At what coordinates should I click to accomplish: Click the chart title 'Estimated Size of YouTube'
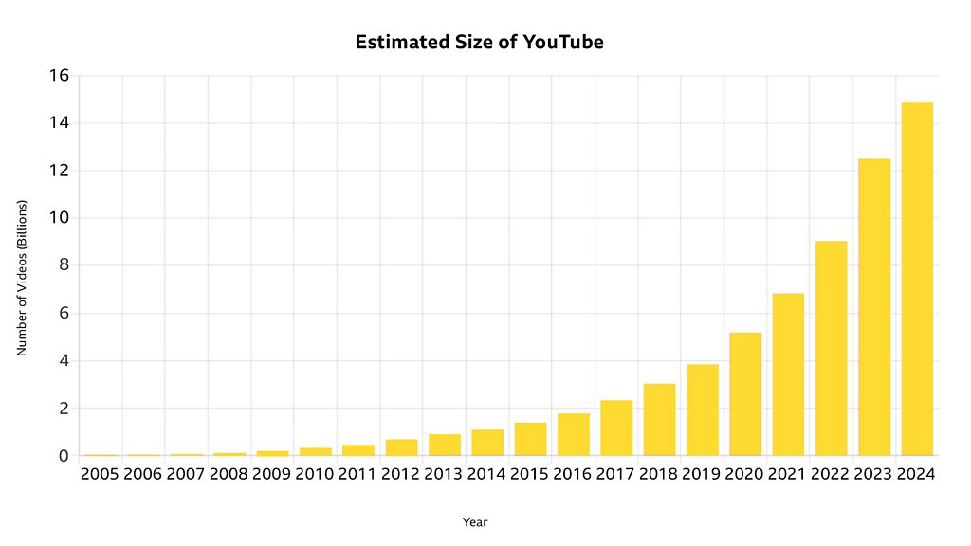point(479,43)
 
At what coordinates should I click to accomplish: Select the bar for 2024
point(917,279)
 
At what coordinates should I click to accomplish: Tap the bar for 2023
point(874,307)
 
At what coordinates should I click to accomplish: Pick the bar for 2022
point(831,348)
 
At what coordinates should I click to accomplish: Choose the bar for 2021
point(788,374)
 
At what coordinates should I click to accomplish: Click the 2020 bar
point(745,394)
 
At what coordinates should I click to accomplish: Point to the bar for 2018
point(659,420)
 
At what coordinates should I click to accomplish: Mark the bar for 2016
point(574,434)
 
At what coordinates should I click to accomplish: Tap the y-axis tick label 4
point(64,361)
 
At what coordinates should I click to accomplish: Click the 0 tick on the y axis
point(64,456)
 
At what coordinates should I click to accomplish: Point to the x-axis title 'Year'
point(475,522)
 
